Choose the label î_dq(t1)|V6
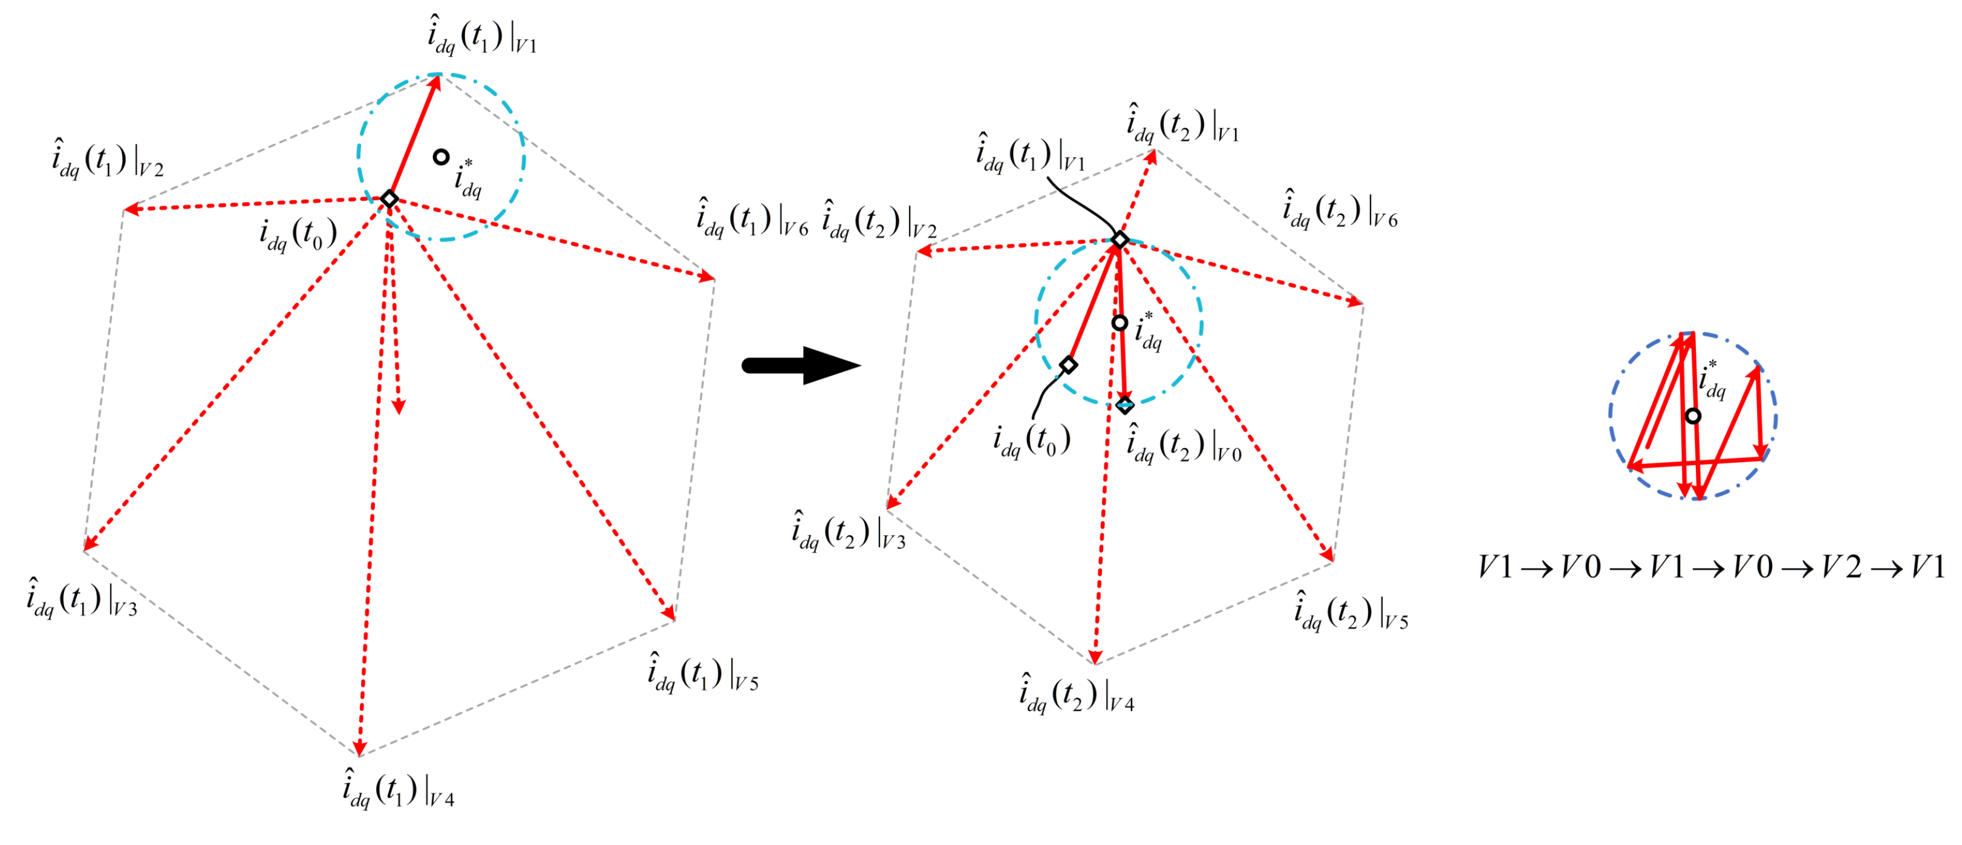(x=752, y=217)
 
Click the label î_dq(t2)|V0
(x=1184, y=443)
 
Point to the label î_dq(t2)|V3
(x=849, y=531)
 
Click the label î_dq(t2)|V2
(x=880, y=220)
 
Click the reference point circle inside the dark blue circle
(x=1692, y=416)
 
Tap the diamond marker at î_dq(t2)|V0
(x=1125, y=405)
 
